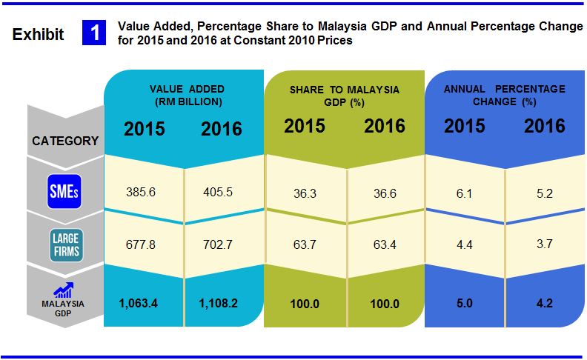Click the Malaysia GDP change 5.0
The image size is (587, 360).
464,302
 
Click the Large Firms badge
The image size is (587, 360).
65,245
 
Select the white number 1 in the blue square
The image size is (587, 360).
96,33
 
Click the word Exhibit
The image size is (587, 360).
39,34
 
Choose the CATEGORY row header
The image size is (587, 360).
65,141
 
